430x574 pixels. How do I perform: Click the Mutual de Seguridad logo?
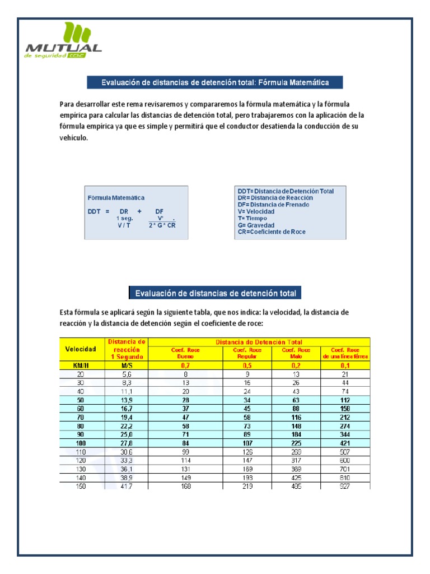[x=63, y=41]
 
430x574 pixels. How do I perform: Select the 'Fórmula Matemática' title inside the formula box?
[x=116, y=198]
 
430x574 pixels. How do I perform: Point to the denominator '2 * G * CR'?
[x=162, y=225]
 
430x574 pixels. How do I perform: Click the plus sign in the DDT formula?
[x=139, y=211]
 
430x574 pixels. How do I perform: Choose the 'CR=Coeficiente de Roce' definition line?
[x=272, y=232]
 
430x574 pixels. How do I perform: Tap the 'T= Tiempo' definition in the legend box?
[x=253, y=218]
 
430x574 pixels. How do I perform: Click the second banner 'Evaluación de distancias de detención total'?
[x=216, y=293]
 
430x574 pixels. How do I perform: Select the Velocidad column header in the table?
[x=81, y=349]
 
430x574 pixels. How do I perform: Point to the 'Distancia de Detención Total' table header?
[x=259, y=341]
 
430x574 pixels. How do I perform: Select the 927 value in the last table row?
[x=345, y=486]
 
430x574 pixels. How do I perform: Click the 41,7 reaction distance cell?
[x=127, y=486]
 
